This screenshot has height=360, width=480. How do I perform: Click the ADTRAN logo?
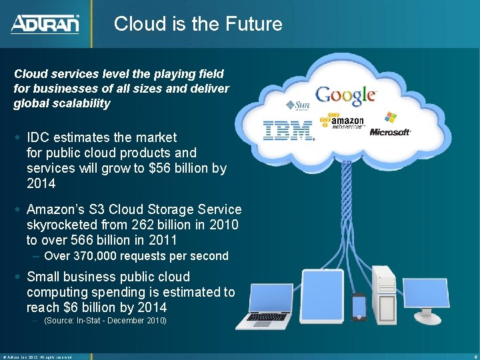(45, 24)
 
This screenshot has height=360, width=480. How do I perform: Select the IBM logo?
(288, 130)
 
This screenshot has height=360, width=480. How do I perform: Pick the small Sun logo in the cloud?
(298, 105)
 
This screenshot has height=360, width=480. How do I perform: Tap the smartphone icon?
(359, 307)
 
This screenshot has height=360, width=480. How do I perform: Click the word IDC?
(39, 137)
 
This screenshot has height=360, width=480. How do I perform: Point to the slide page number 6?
(472, 357)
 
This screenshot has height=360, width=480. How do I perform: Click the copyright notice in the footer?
(37, 357)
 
